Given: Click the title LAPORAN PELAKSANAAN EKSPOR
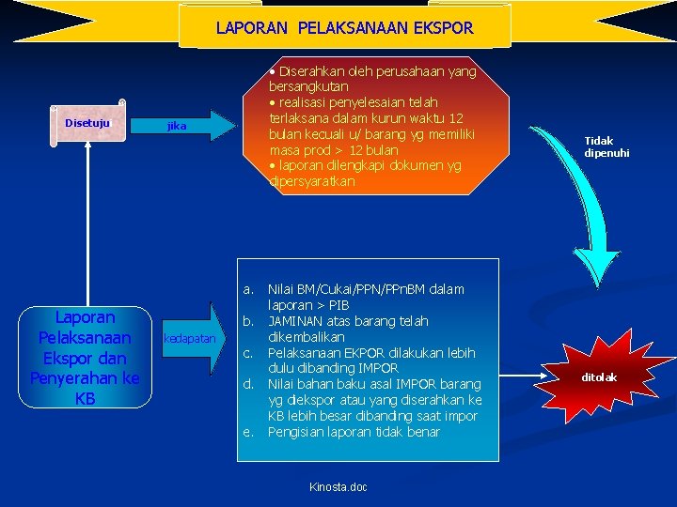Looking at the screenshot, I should point(344,28).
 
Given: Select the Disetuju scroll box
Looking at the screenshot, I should point(87,123).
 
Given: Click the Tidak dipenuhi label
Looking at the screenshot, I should point(606,146).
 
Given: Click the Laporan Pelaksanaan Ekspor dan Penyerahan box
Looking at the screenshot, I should point(85,358).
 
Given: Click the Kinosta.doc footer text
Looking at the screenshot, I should point(338,486).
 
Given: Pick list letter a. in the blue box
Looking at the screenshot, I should point(249,289).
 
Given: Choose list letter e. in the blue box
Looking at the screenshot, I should point(249,432).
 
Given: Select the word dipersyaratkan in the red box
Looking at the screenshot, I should point(312,181).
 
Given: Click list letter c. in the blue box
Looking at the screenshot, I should point(249,353).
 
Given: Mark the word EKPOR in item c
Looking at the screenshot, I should point(366,353).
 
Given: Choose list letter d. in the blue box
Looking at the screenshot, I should point(249,384).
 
